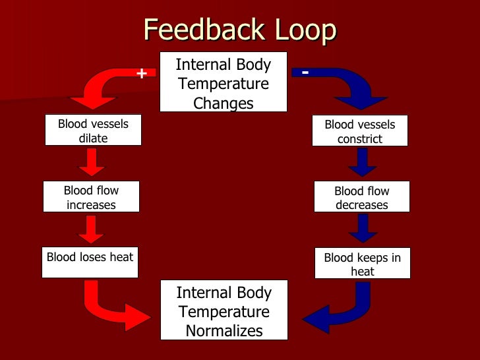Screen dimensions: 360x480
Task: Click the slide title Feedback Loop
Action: (239, 30)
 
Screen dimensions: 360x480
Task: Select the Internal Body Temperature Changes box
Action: (224, 82)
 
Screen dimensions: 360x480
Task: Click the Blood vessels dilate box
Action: (93, 131)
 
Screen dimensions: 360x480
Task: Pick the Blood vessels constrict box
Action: (360, 131)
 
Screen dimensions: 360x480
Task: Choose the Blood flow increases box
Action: (91, 197)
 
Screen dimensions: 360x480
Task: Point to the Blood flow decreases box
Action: (362, 197)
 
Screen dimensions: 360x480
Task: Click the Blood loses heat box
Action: (90, 257)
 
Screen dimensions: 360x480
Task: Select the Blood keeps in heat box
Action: (363, 264)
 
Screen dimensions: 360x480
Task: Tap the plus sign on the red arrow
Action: (141, 73)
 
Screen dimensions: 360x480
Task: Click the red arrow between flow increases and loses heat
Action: (91, 229)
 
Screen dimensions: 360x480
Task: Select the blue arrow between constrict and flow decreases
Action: (362, 162)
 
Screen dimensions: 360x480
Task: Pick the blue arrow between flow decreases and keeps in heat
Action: (363, 229)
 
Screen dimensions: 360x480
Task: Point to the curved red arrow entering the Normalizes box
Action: (112, 307)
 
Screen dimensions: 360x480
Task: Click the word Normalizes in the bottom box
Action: (224, 330)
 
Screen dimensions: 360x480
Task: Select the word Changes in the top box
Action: (224, 103)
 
